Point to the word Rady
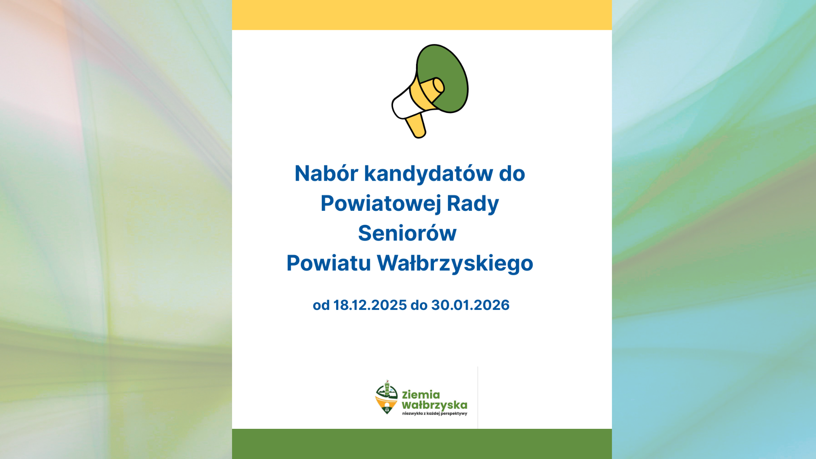click(x=473, y=204)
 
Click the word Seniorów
click(x=407, y=233)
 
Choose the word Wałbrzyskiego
click(x=455, y=263)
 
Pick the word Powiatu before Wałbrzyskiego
click(x=329, y=263)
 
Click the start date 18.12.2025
click(x=370, y=305)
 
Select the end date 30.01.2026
click(x=470, y=305)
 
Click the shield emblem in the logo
click(x=386, y=398)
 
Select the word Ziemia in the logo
click(x=421, y=395)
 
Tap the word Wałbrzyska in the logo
click(x=434, y=405)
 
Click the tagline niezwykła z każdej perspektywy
click(x=434, y=414)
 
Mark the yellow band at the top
click(x=422, y=15)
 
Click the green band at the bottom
click(x=422, y=444)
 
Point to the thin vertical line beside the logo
click(x=478, y=397)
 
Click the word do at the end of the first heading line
click(x=512, y=173)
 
